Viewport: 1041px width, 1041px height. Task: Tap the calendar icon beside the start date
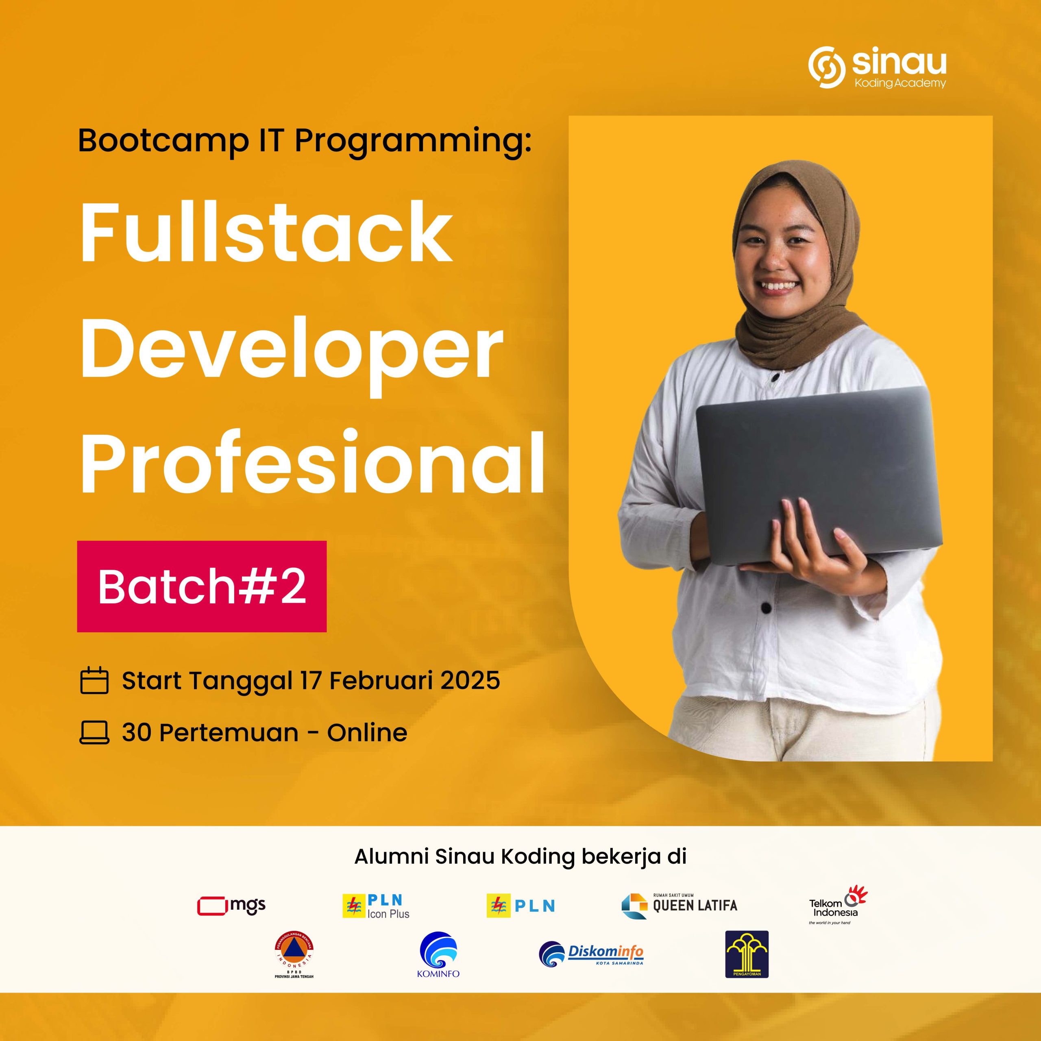(x=94, y=681)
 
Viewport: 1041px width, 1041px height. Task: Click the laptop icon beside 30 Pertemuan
(x=94, y=732)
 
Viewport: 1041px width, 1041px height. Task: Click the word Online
(x=367, y=732)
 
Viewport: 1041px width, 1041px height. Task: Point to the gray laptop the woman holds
(x=819, y=476)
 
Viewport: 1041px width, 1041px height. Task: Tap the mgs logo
(x=232, y=906)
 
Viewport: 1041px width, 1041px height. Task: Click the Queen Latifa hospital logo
(x=679, y=906)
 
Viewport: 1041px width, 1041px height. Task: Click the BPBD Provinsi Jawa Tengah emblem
(x=294, y=960)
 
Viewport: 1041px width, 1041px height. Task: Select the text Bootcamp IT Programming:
(x=305, y=142)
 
